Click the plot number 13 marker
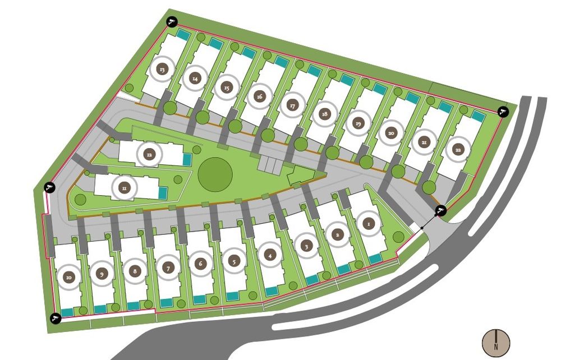coord(162,70)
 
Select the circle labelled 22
coord(458,149)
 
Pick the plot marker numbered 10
coord(69,276)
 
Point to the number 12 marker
coord(149,154)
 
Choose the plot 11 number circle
coord(124,187)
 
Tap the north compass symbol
coord(496,341)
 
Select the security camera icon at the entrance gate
coord(441,210)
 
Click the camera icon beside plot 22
coord(503,112)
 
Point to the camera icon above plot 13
coord(172,22)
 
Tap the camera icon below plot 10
coord(55,319)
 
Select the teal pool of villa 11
coord(163,193)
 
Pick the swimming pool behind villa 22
coord(477,116)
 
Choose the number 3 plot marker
coord(306,245)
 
